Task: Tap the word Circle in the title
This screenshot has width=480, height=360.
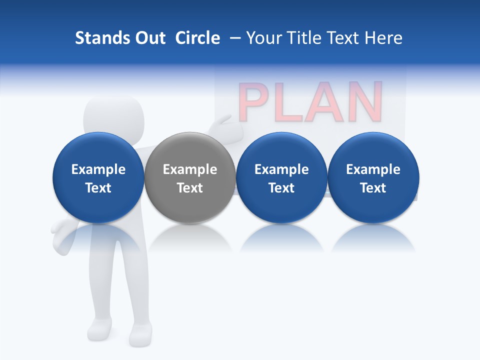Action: coord(197,38)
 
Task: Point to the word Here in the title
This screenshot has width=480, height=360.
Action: coord(385,38)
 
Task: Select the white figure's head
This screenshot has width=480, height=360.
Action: coord(114,114)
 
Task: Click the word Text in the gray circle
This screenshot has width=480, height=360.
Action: coord(190,188)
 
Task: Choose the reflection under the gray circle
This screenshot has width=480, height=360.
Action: coord(190,237)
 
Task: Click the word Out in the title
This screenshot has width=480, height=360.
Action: coord(150,38)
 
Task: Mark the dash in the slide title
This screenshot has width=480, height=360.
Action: coord(235,38)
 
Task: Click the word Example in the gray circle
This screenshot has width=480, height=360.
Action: coord(190,169)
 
